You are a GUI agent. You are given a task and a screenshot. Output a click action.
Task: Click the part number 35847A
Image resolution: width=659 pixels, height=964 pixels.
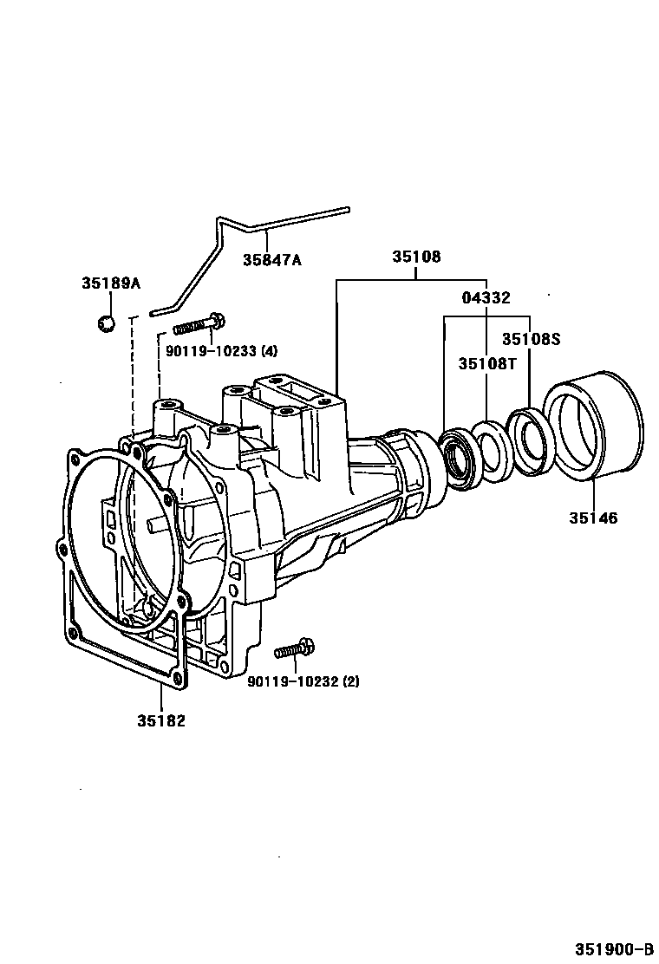tap(271, 259)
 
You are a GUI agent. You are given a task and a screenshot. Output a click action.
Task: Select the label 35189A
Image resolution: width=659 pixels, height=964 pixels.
tap(111, 283)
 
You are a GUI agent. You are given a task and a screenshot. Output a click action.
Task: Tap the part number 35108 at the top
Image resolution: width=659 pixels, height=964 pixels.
tap(416, 257)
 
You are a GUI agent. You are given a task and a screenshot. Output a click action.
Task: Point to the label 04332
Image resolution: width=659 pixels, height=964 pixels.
tap(486, 297)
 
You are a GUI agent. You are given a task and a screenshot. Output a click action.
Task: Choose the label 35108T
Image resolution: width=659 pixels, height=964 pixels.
tap(487, 363)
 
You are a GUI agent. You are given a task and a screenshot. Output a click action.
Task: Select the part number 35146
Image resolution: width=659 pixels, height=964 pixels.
tap(593, 518)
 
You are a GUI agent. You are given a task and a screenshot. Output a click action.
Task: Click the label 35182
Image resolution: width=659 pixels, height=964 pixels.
tap(160, 720)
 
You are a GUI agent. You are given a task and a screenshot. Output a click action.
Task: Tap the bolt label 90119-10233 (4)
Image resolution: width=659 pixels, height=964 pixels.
tap(210, 351)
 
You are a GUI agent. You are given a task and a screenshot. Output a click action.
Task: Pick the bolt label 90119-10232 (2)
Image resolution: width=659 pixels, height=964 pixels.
tap(303, 681)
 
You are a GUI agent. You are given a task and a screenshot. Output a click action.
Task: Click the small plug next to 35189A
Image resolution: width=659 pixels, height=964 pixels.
tap(107, 322)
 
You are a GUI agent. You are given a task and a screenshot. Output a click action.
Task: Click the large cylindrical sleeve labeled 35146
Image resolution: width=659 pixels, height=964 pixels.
tap(594, 425)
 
